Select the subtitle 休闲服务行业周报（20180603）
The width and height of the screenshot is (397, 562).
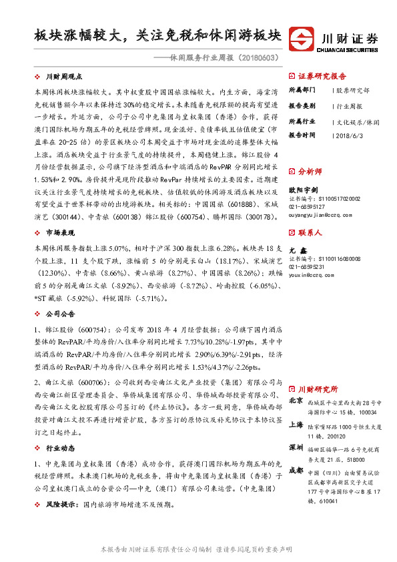[x=222, y=58]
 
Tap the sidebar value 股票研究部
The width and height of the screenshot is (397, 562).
[x=353, y=89]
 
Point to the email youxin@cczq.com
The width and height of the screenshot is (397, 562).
[x=309, y=274]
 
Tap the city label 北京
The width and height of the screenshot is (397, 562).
[x=296, y=400]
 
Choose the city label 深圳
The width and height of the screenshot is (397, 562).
[x=296, y=447]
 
